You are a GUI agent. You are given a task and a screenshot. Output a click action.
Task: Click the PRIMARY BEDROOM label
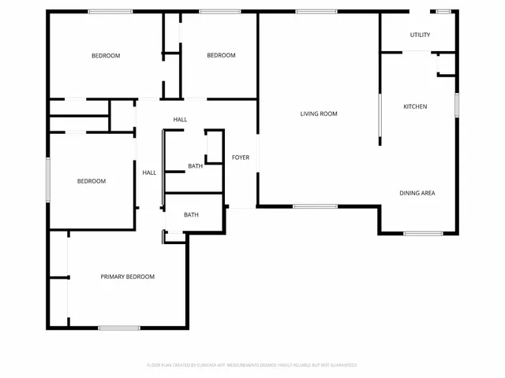tap(127, 276)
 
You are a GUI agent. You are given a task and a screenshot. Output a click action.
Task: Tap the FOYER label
tap(241, 157)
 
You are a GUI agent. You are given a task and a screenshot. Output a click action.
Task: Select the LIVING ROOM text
tap(319, 113)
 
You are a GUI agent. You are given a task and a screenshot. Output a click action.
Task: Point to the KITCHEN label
tap(415, 106)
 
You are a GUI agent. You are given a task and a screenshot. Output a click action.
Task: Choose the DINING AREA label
tap(417, 193)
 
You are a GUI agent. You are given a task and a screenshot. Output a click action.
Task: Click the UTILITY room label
tap(420, 35)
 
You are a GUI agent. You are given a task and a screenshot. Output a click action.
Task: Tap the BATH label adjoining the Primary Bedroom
tap(191, 214)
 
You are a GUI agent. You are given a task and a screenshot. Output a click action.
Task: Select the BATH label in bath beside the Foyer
tap(195, 166)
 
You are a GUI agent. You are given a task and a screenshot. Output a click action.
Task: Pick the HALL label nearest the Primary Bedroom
tap(149, 172)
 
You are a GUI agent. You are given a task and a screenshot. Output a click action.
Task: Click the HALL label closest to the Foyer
tap(181, 120)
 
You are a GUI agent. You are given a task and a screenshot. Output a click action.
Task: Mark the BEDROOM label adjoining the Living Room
tap(221, 55)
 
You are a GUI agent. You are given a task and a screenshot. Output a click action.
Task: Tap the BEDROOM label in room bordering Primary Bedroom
tap(91, 181)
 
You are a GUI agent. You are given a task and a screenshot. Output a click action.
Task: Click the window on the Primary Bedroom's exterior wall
tap(119, 328)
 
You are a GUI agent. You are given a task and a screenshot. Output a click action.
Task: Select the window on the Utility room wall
tap(443, 11)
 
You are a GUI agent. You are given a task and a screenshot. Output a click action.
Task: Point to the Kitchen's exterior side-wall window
tap(456, 105)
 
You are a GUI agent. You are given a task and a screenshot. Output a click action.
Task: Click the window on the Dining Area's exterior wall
tap(423, 233)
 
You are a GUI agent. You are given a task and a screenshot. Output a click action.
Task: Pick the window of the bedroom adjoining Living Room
tap(219, 11)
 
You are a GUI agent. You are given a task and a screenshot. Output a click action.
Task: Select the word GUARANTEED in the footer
tap(341, 365)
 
